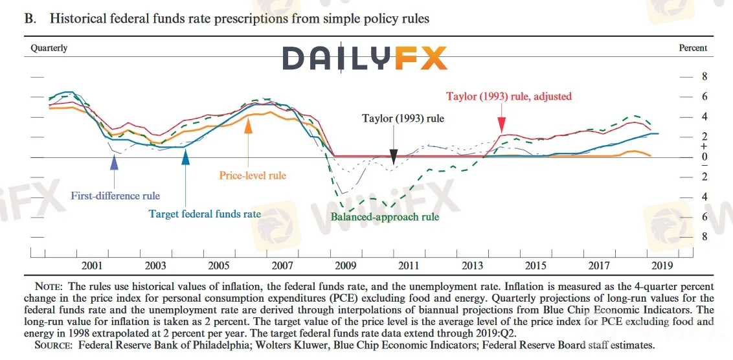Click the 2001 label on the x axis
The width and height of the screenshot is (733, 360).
click(92, 265)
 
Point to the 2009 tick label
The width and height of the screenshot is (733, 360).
click(346, 265)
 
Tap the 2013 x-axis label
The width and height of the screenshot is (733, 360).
click(473, 265)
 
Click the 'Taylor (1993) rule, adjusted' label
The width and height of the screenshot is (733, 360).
click(509, 96)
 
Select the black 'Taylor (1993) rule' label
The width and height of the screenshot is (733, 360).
click(403, 118)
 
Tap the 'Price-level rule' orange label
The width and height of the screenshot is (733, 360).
click(253, 175)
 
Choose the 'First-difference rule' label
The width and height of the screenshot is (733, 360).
click(115, 196)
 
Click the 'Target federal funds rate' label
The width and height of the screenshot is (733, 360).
click(205, 214)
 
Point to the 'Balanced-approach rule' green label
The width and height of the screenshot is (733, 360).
click(385, 217)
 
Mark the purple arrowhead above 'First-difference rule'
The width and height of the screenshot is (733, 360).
click(115, 163)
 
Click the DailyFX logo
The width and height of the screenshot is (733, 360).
click(365, 58)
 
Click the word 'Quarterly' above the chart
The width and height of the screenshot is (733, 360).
click(49, 48)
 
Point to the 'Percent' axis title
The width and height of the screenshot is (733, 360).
click(692, 48)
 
